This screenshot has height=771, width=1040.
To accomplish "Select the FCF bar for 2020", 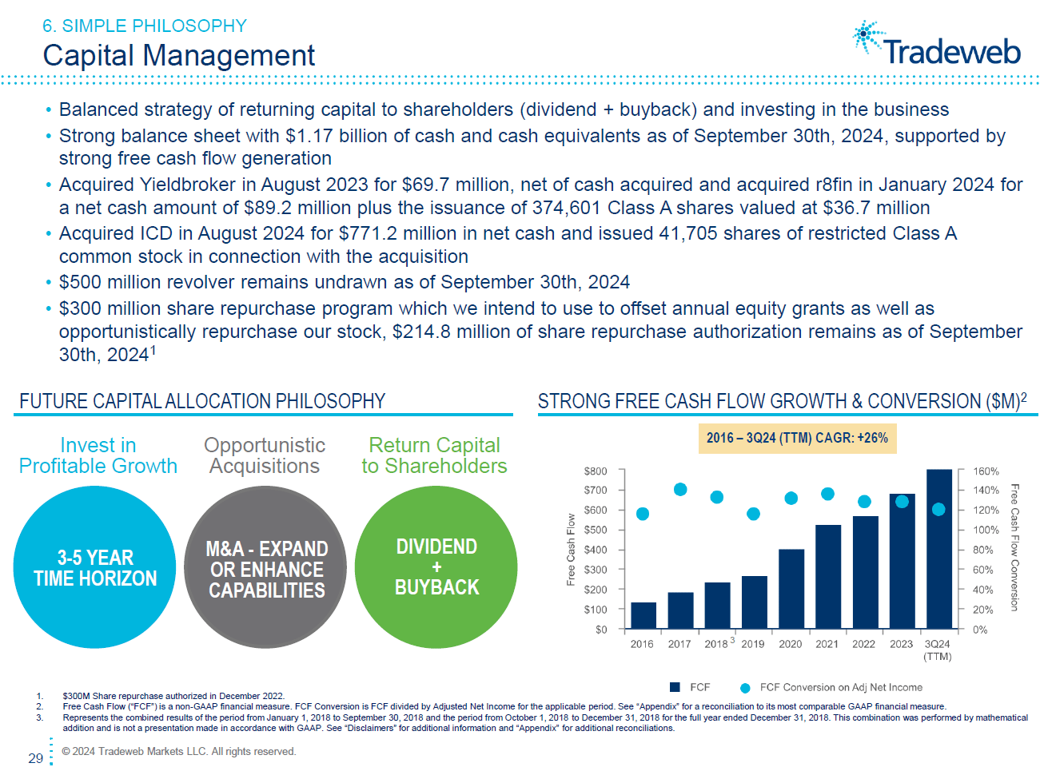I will [791, 588].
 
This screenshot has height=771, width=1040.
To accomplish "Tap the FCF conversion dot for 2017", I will [680, 489].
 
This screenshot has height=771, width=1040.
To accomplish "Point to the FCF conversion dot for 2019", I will [753, 514].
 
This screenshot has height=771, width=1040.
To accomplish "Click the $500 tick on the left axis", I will [596, 530].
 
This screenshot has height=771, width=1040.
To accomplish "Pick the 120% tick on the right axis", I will [986, 510].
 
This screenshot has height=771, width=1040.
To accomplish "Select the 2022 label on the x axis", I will [863, 644].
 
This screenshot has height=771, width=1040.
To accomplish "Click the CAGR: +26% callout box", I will [797, 438].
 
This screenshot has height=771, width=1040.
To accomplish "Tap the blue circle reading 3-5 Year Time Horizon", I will [95, 567].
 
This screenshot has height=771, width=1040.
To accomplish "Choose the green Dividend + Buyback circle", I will [436, 567].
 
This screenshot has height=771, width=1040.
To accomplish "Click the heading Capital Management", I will [179, 55].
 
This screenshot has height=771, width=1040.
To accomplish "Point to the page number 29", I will [36, 758].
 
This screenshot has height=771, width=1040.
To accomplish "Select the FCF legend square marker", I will [675, 687].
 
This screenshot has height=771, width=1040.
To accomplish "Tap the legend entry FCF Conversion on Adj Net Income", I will [840, 687].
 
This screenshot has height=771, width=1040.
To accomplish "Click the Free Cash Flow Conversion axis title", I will [1014, 547].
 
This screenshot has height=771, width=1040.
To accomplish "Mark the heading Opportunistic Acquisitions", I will [265, 455].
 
